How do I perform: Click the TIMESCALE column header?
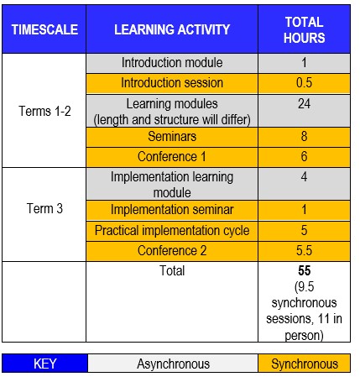click(x=44, y=29)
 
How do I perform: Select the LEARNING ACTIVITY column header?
click(x=172, y=29)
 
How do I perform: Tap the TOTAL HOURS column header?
click(x=305, y=30)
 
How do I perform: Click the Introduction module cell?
click(x=172, y=62)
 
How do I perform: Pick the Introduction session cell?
click(x=172, y=83)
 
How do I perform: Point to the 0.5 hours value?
click(x=304, y=83)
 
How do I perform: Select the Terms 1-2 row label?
click(x=44, y=111)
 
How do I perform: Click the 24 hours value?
click(x=304, y=104)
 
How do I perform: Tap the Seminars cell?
click(x=172, y=137)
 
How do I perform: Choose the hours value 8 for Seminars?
click(x=304, y=137)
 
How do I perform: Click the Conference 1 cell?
click(x=172, y=157)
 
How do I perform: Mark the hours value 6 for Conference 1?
click(x=304, y=157)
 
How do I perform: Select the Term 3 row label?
click(x=44, y=208)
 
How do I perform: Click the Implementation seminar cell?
click(x=172, y=210)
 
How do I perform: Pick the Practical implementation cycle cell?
click(x=172, y=231)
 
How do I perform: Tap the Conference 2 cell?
click(x=172, y=251)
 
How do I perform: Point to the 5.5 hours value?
click(x=304, y=251)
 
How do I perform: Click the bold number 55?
click(x=305, y=270)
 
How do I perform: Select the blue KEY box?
click(x=44, y=364)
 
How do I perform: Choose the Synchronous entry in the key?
click(x=305, y=364)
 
